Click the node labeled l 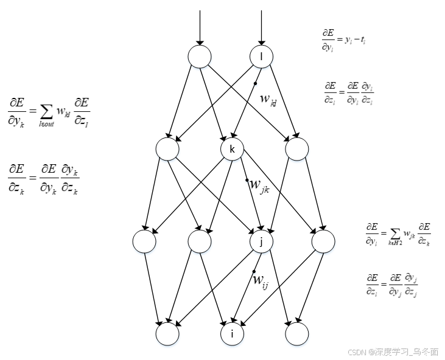[x=262, y=57]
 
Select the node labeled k [x=232, y=149]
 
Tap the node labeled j [x=262, y=241]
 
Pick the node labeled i [x=232, y=333]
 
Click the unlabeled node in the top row [x=199, y=57]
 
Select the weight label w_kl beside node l [x=268, y=99]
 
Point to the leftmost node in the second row [x=167, y=149]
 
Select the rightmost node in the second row [x=296, y=149]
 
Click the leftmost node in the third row [x=144, y=241]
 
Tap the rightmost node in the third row [x=323, y=241]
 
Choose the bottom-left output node [x=167, y=333]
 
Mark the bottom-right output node [x=296, y=333]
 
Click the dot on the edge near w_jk [x=247, y=180]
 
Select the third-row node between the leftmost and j [x=199, y=241]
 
